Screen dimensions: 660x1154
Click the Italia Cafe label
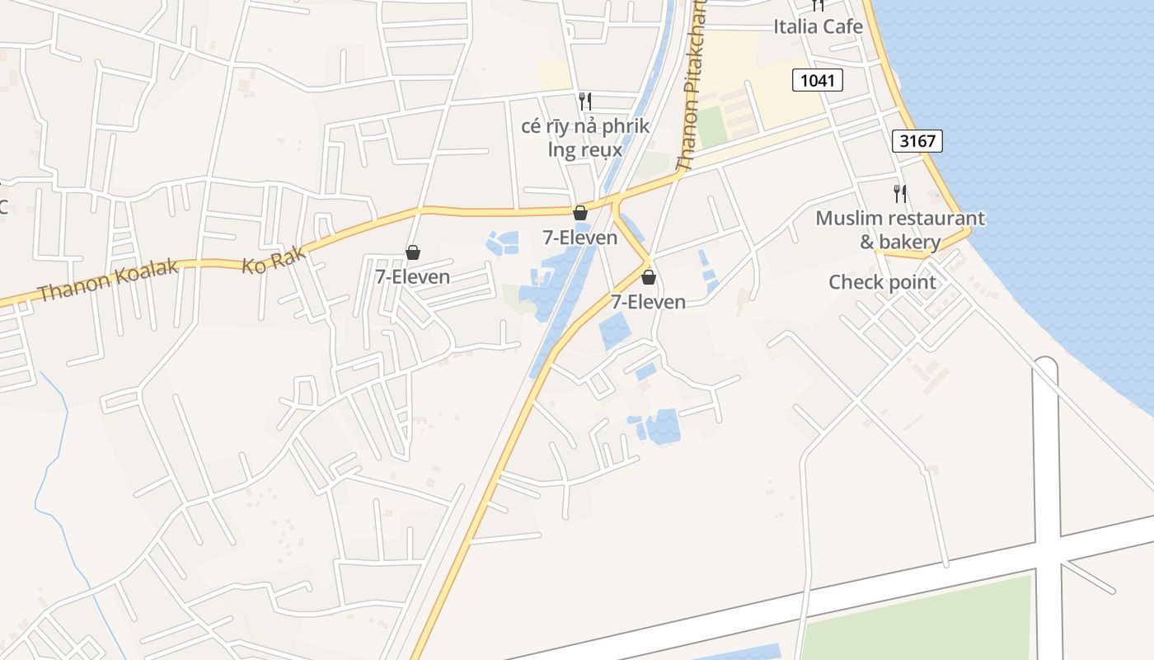[818, 26]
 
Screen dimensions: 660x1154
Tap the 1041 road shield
[818, 80]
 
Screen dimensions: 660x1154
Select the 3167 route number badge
[917, 141]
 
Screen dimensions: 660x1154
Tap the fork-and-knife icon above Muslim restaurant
[900, 194]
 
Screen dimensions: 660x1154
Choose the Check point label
[882, 282]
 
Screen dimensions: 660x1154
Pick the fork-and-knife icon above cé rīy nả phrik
[585, 101]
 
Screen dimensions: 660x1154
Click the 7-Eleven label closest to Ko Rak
[412, 276]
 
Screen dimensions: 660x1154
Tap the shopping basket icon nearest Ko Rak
[412, 252]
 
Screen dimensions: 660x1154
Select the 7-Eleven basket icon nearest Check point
[649, 277]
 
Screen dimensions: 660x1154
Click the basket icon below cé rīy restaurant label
[580, 213]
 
